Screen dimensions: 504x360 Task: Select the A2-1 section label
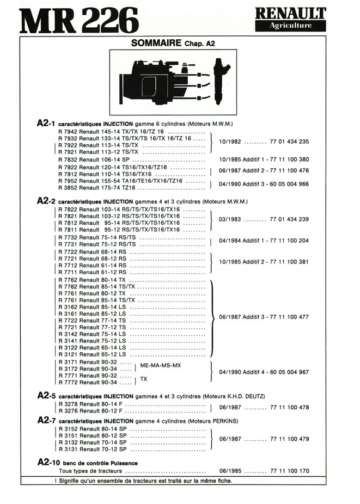(x=46, y=124)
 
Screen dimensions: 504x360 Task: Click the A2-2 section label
(x=46, y=201)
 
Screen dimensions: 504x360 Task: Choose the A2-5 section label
(x=46, y=396)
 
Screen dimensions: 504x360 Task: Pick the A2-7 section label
(x=46, y=421)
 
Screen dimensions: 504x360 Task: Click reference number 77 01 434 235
(x=289, y=142)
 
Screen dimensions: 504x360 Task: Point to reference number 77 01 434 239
(x=289, y=219)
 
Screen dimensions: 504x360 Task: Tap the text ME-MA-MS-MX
(x=161, y=365)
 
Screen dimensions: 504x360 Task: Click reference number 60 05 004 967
(x=289, y=372)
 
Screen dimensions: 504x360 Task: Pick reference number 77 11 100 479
(x=289, y=439)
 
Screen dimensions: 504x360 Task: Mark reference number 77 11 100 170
(x=289, y=471)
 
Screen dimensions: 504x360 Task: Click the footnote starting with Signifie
(x=144, y=481)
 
